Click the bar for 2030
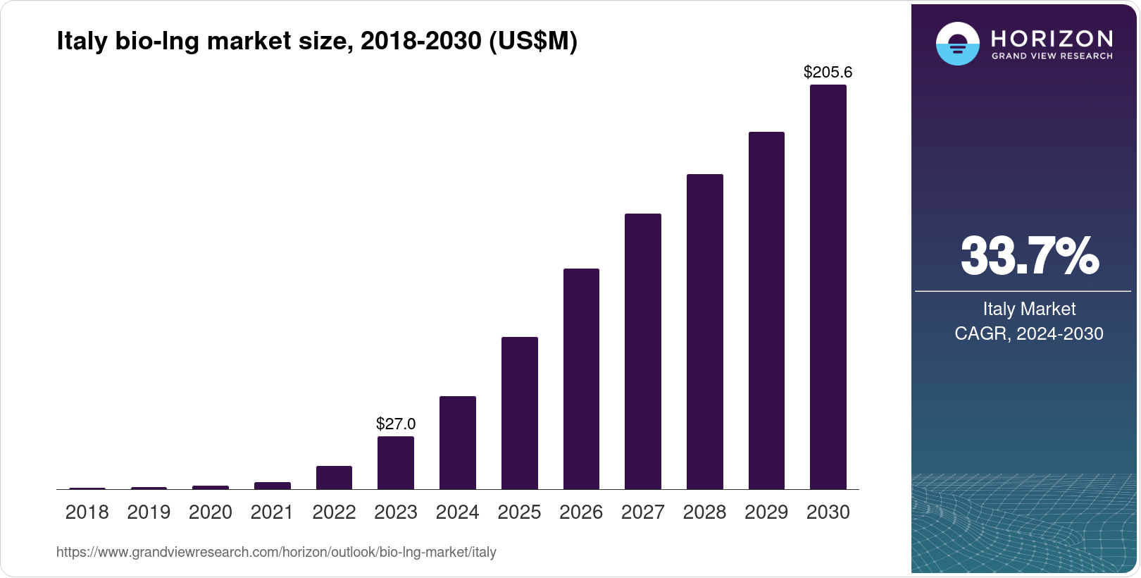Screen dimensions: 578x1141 click(x=828, y=287)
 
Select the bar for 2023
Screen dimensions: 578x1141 click(x=395, y=462)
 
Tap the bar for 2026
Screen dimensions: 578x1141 click(x=581, y=379)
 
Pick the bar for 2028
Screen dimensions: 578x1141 click(x=704, y=331)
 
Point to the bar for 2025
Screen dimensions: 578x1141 click(x=519, y=413)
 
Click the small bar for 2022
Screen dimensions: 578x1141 click(x=334, y=477)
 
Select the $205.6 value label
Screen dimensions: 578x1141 click(x=828, y=72)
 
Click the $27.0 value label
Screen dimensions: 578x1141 click(x=395, y=424)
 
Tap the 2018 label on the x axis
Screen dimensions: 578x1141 click(x=87, y=512)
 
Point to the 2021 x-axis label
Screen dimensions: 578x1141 click(x=272, y=512)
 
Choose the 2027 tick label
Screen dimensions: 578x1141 click(x=642, y=512)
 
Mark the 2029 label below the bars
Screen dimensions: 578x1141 click(x=766, y=512)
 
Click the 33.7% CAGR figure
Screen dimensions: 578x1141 click(x=1029, y=256)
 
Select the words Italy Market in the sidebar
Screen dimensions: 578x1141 click(x=1029, y=309)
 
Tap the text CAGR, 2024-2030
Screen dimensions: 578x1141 click(x=1029, y=333)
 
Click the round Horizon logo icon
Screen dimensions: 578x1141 click(x=957, y=44)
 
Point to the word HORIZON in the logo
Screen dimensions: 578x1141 click(x=1052, y=38)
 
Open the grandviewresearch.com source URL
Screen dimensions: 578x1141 click(x=276, y=552)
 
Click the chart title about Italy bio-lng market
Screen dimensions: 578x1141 click(x=317, y=42)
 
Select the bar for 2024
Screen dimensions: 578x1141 click(x=457, y=443)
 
